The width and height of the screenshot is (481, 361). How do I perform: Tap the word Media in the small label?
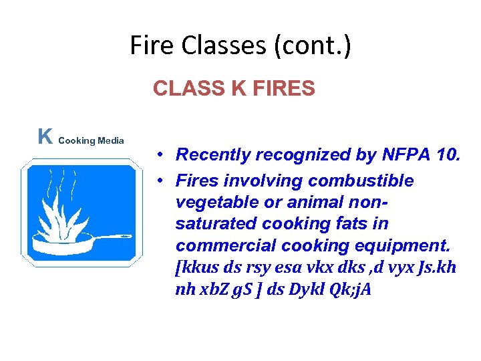pyautogui.click(x=111, y=140)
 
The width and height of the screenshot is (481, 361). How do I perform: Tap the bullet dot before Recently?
pyautogui.click(x=162, y=156)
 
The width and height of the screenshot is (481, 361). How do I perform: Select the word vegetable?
pyautogui.click(x=215, y=203)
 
